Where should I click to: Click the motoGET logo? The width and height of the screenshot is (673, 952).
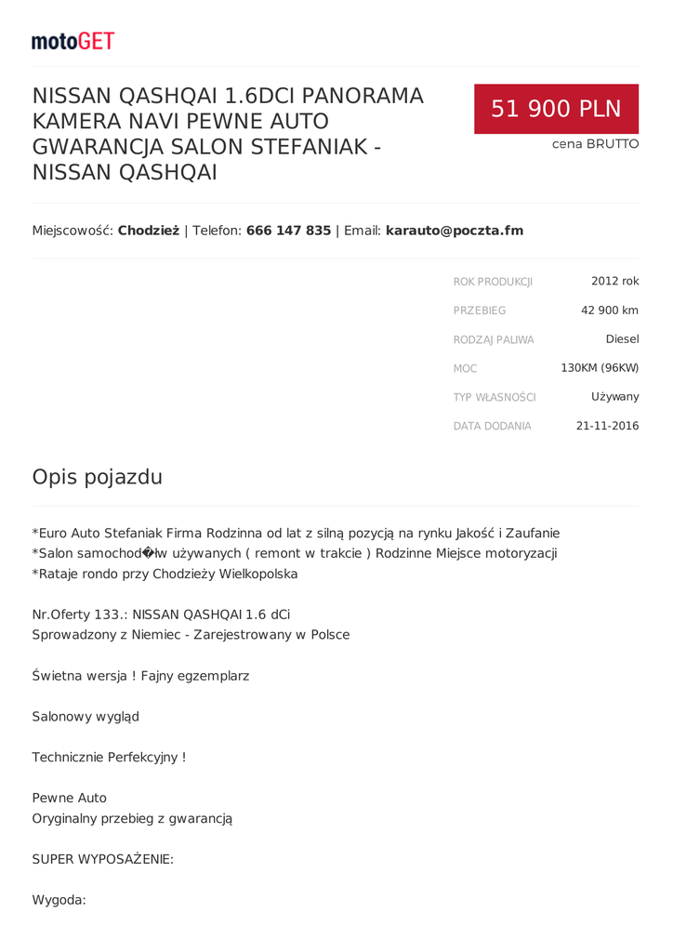pos(73,41)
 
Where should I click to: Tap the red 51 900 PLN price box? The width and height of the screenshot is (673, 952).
pos(556,109)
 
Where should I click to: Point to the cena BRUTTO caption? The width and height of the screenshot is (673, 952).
pos(595,144)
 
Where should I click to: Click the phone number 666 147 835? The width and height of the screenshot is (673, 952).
pos(288,231)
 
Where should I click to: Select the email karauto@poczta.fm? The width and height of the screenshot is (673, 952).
pos(454,231)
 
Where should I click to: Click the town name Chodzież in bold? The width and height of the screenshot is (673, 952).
pos(148,231)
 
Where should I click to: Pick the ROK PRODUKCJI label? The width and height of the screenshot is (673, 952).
pos(493,282)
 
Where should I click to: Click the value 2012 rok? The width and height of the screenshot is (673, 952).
pos(614,281)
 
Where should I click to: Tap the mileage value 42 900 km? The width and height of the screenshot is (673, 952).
pos(609,310)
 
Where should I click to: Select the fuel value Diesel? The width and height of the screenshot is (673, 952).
pos(622,338)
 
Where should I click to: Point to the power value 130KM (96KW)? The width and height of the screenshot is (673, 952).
pos(600,367)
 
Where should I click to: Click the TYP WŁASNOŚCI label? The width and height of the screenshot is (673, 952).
pos(495,397)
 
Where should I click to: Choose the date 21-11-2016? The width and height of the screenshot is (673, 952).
pos(607,426)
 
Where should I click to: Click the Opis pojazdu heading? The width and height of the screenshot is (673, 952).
pos(97,477)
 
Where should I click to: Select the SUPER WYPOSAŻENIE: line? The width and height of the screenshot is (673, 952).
pos(102,859)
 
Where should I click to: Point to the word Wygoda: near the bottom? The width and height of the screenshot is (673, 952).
pos(59,899)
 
